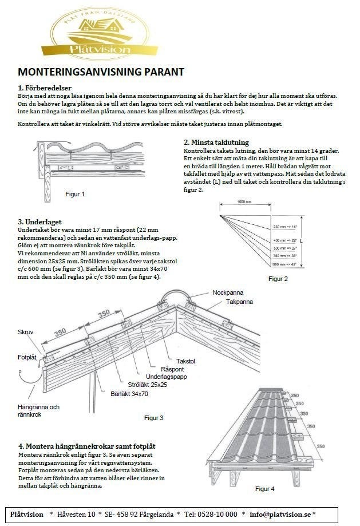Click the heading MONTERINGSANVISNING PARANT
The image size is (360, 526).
pos(101,72)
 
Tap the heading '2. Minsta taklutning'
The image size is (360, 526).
pos(216,143)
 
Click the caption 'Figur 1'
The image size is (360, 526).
pos(74,194)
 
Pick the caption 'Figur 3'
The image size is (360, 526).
pos(153,418)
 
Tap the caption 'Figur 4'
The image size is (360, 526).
pos(264,489)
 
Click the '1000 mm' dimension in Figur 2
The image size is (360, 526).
pos(244,201)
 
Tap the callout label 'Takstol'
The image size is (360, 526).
pos(187,362)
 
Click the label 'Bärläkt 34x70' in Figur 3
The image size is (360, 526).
pos(129,394)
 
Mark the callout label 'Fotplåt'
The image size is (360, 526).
pos(27,357)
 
